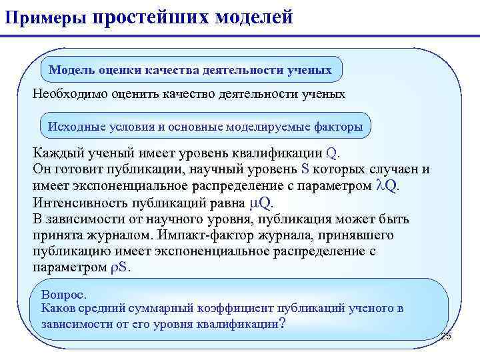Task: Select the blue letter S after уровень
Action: pos(306,169)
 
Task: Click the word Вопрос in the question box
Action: pos(63,294)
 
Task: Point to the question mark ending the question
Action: pos(283,324)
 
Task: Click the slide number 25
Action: pos(445,336)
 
